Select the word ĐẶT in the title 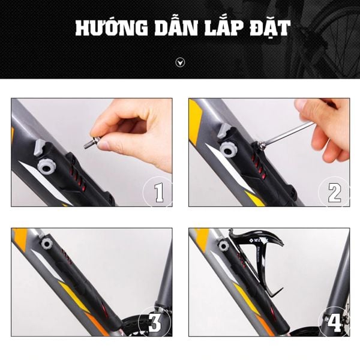pyautogui.click(x=269, y=29)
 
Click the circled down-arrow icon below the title pyautogui.click(x=180, y=62)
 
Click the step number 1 pyautogui.click(x=158, y=193)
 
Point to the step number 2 pyautogui.click(x=335, y=193)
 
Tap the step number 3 pyautogui.click(x=155, y=322)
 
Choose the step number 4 pyautogui.click(x=334, y=323)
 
